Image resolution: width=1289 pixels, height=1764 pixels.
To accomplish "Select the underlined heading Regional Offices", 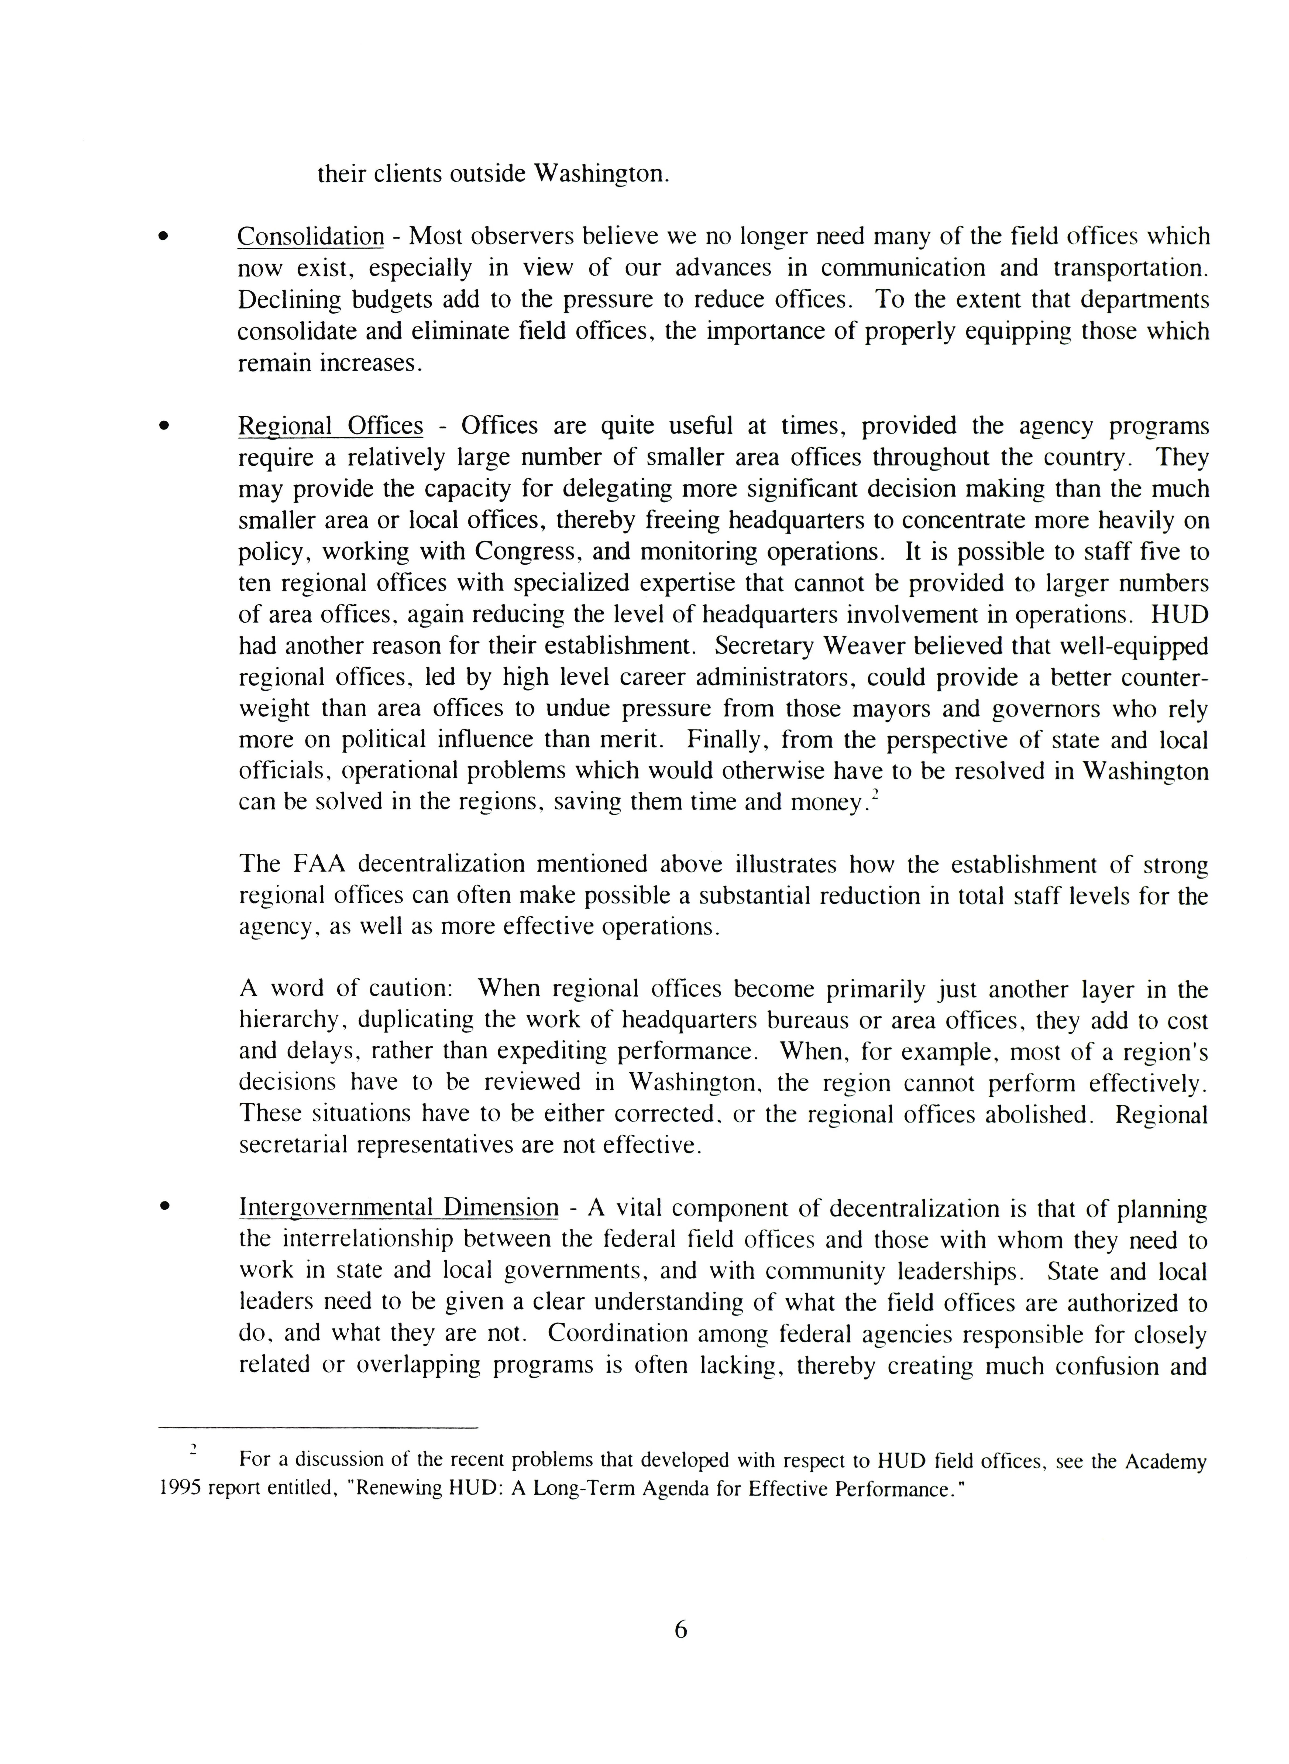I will click(330, 426).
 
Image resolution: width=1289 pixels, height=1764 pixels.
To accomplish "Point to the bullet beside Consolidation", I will click(163, 236).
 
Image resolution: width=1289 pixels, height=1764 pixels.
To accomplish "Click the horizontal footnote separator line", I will click(318, 1428).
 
